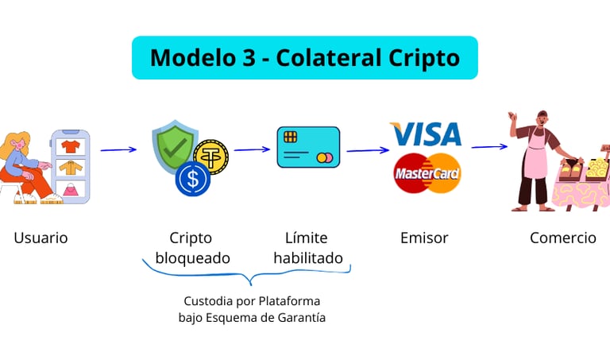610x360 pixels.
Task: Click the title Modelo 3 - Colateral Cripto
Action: coord(304,57)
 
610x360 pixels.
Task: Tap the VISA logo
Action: coord(426,134)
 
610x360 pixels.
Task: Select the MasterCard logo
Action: coord(427,173)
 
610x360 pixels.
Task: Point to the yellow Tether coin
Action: coord(210,157)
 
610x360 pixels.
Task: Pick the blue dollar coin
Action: coord(193,179)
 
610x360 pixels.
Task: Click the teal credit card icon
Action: coord(308,147)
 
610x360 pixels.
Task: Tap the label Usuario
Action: coord(41,238)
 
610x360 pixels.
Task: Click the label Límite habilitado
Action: coord(307,248)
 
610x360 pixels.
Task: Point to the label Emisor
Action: coord(424,238)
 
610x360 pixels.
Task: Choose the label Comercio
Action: coord(563,238)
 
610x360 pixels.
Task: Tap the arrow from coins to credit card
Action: coord(252,149)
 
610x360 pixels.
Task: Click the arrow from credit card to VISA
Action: coord(367,149)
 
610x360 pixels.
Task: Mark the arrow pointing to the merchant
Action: coord(488,146)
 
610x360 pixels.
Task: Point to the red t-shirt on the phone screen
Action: coord(71,146)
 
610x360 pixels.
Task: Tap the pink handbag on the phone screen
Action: coord(71,189)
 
